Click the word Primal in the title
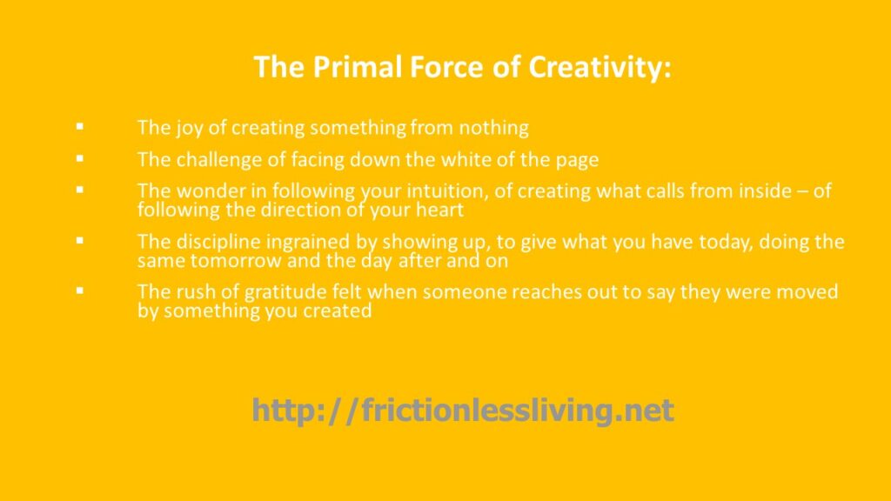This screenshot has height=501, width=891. (x=357, y=66)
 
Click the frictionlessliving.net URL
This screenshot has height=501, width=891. (x=463, y=410)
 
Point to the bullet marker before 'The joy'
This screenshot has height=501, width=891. (x=79, y=126)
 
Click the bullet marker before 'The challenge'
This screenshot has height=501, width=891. (x=79, y=158)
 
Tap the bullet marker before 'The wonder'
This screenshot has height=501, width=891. (x=79, y=190)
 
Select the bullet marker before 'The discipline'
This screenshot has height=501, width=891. (x=79, y=240)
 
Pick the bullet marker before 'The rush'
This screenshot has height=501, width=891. (x=79, y=291)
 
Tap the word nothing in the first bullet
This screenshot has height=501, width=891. (x=494, y=128)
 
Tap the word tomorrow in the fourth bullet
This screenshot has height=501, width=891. (x=236, y=261)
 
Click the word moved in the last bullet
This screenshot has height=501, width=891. (x=807, y=292)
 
